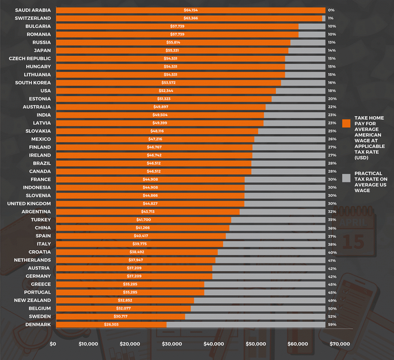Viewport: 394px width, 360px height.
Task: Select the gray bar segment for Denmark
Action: (x=246, y=325)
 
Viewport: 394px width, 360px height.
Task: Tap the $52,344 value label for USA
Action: (x=166, y=91)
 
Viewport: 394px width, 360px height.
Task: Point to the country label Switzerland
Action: (x=33, y=18)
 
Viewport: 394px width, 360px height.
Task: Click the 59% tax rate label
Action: (x=332, y=325)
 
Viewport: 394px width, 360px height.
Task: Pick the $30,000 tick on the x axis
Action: (x=172, y=344)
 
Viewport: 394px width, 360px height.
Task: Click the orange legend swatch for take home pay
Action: (x=346, y=123)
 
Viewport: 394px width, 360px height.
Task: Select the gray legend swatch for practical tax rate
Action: (x=346, y=178)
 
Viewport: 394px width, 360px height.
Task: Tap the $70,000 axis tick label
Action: (x=340, y=344)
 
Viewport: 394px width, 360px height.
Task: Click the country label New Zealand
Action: (x=32, y=300)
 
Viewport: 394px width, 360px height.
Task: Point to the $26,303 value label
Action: (x=111, y=325)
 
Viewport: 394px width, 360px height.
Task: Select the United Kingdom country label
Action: (x=29, y=204)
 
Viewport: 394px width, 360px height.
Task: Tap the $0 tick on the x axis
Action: (x=53, y=344)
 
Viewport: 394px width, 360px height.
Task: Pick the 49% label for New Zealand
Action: (x=332, y=300)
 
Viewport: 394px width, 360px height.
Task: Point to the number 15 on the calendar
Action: (x=353, y=241)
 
